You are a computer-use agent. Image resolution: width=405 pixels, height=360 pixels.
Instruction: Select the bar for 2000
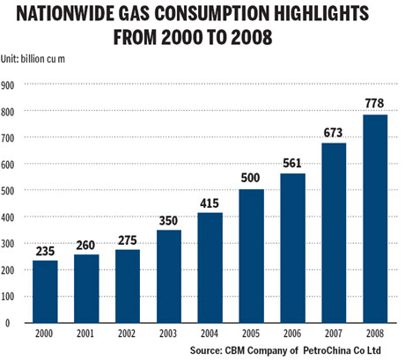click(x=46, y=290)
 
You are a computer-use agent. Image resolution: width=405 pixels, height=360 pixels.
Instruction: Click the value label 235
click(x=46, y=250)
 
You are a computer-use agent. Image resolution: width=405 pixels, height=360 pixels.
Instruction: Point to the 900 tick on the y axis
click(x=8, y=85)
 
